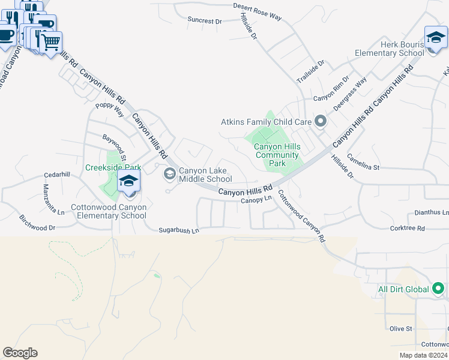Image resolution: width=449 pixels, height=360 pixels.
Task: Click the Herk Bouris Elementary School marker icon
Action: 435,37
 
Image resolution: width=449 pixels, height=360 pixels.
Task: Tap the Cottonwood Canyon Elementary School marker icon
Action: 128,181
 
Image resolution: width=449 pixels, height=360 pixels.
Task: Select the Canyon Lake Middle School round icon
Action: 170,174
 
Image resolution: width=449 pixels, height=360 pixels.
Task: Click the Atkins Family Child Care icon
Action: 320,122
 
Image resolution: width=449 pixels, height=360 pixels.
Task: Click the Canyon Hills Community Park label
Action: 277,155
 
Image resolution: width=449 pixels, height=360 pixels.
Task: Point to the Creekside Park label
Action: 113,167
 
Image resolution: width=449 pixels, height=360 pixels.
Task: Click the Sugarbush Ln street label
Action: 178,230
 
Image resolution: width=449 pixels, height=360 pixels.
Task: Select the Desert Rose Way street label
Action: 257,12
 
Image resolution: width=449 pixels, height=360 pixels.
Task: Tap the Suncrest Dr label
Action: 204,20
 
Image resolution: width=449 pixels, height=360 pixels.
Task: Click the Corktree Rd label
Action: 407,229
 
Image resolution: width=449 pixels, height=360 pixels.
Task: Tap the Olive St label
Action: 401,329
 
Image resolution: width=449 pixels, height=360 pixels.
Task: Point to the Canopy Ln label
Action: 257,200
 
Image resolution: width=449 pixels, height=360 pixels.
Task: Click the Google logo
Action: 20,353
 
